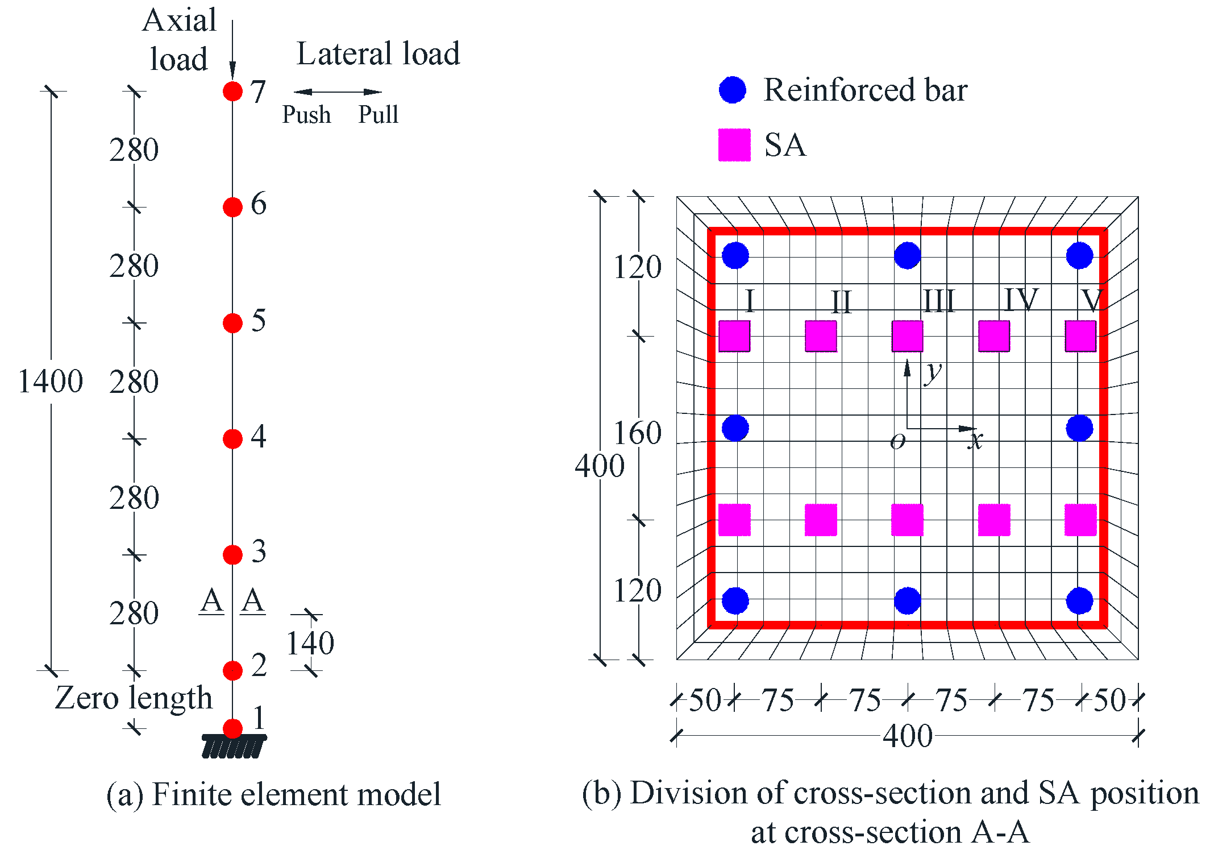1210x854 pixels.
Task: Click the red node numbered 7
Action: tap(232, 91)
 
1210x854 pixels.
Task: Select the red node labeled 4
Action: tap(232, 439)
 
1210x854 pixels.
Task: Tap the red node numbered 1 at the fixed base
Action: tap(232, 728)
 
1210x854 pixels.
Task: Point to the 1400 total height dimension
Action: tap(51, 381)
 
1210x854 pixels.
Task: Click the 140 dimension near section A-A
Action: tap(310, 643)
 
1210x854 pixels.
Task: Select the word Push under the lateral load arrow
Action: tap(306, 115)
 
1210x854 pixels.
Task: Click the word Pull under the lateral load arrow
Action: tap(378, 115)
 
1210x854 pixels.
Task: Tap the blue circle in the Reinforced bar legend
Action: tap(733, 90)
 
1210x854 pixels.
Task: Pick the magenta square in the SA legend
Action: tap(734, 145)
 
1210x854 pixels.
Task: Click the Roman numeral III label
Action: tap(938, 301)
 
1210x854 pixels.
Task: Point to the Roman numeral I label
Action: tap(750, 301)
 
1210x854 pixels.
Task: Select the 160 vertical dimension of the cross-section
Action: tap(638, 433)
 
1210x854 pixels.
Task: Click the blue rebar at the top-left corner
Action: tap(735, 255)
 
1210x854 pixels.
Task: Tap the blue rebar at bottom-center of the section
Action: tap(907, 600)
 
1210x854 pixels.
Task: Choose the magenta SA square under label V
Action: tap(1080, 336)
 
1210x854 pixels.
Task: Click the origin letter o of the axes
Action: tap(897, 441)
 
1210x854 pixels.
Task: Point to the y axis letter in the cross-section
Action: tap(933, 372)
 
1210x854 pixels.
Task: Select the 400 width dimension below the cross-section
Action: tap(907, 736)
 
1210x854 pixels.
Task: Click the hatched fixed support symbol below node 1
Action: tap(234, 747)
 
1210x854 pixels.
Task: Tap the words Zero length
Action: tap(134, 698)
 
